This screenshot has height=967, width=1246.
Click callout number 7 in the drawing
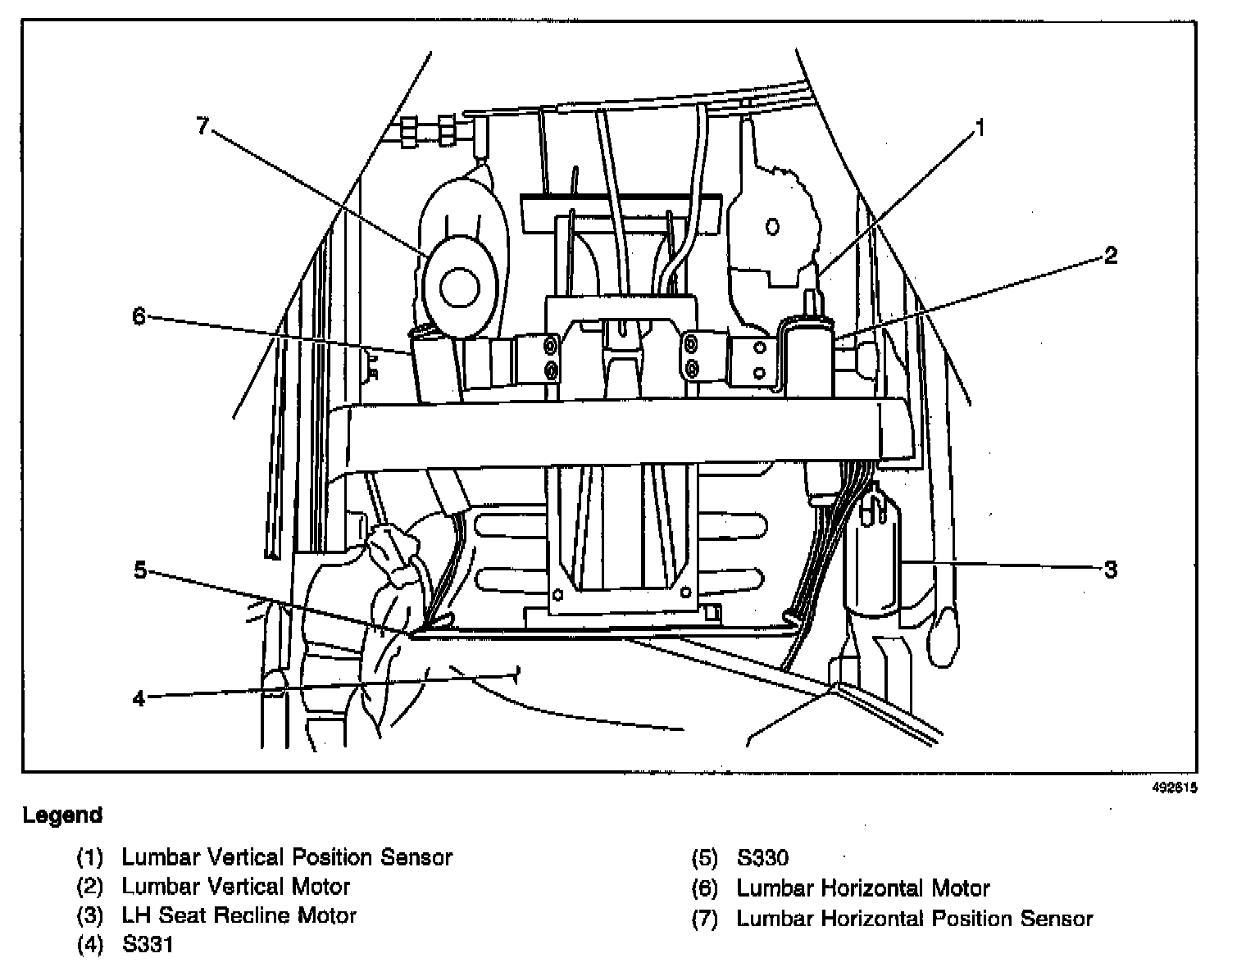coord(203,126)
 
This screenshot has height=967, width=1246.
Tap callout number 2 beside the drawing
coord(1110,256)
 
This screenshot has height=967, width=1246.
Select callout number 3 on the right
coord(1110,569)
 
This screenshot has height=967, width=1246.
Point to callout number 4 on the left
coord(139,698)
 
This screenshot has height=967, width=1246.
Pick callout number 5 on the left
coord(140,570)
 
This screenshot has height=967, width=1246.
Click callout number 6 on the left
coord(139,316)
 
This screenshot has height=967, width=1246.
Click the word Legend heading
coord(63,815)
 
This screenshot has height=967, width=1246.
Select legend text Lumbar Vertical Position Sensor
coord(287,857)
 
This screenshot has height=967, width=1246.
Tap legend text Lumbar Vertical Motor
coord(235,887)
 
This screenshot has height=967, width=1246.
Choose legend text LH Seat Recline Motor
coord(239,915)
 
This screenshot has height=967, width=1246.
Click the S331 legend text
coord(148,945)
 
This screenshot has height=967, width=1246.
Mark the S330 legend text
coord(762,858)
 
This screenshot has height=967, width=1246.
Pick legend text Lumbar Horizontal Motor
coord(863,888)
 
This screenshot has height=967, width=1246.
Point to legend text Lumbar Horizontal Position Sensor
coord(915,919)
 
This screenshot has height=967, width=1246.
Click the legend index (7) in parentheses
coord(705,919)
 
